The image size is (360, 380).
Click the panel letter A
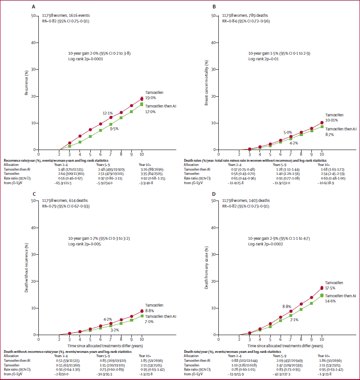point(33,7)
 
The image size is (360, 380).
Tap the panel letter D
point(214,193)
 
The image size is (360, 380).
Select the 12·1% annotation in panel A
point(108,114)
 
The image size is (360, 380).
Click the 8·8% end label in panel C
point(150,310)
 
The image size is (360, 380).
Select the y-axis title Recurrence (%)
point(26,83)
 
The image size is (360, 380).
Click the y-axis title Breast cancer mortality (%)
point(206,83)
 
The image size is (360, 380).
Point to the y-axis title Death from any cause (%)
point(206,268)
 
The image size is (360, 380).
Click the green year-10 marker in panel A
point(142,104)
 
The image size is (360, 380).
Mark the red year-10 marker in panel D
point(322,288)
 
